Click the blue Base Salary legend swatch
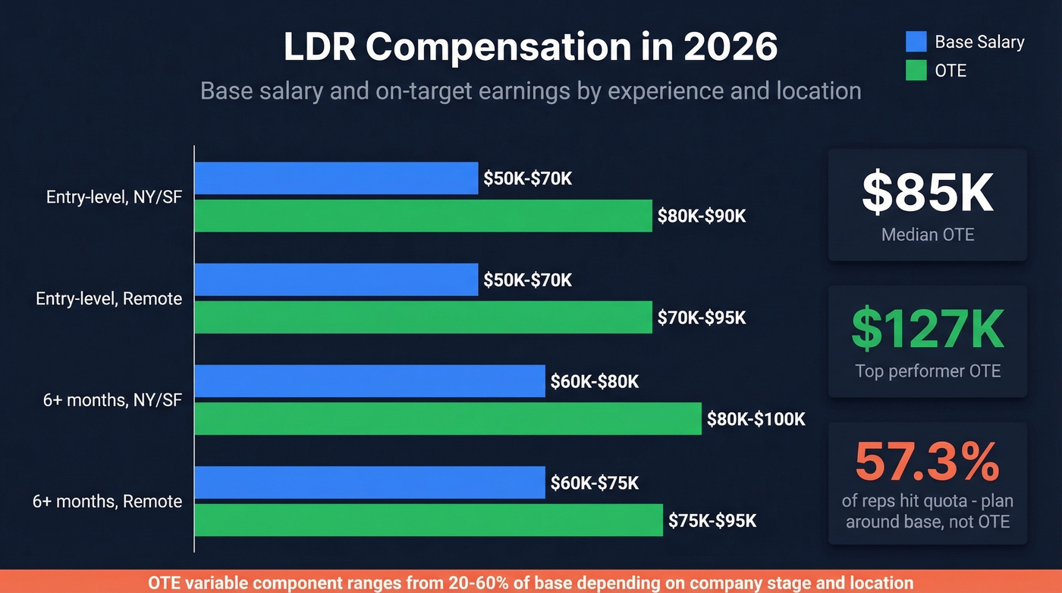click(916, 42)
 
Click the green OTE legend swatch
click(916, 71)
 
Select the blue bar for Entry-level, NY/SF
click(336, 178)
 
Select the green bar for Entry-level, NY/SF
click(423, 216)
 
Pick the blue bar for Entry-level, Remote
click(336, 280)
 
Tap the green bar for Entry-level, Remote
click(423, 317)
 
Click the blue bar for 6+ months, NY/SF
click(369, 381)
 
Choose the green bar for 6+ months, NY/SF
click(448, 418)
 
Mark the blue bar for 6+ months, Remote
click(369, 483)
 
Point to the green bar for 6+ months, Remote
click(429, 520)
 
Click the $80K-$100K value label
click(756, 418)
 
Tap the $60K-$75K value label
click(595, 483)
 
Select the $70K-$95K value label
click(702, 317)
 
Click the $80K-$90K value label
click(702, 216)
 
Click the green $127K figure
click(927, 329)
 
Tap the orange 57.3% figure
click(927, 462)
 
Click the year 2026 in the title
click(730, 47)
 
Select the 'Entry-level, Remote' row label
click(109, 298)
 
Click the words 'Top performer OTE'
click(927, 371)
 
